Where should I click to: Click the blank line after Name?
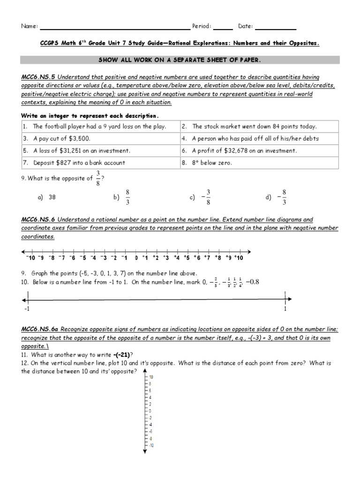click(x=114, y=28)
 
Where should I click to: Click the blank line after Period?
click(x=223, y=28)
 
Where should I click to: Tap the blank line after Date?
click(x=276, y=28)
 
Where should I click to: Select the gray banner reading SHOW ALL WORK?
click(x=180, y=60)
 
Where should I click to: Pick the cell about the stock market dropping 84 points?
click(x=259, y=127)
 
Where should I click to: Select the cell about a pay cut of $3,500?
click(x=100, y=139)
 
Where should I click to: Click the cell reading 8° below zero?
click(x=259, y=163)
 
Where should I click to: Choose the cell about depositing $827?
click(x=100, y=163)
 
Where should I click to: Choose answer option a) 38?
click(x=47, y=197)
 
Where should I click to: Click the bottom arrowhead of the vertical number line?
click(x=145, y=451)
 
